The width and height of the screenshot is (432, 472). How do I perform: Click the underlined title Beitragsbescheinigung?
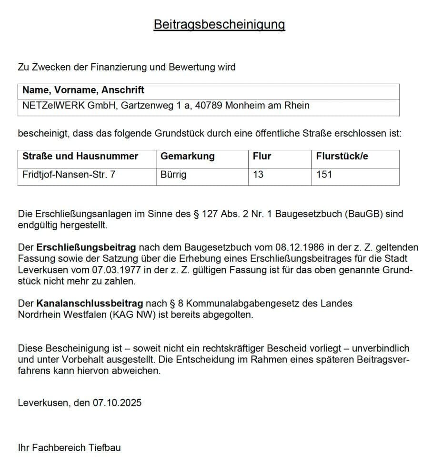coord(219,24)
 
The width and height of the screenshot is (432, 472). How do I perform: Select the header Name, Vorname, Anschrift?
coord(83,90)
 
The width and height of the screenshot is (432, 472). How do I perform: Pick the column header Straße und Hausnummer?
coord(80,156)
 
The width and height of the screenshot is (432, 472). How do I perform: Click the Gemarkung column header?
coord(188,156)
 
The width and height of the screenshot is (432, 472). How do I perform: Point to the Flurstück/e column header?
coord(342,156)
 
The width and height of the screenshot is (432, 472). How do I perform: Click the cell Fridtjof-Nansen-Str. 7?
coord(69,175)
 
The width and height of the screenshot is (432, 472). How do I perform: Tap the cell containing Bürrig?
coord(173,175)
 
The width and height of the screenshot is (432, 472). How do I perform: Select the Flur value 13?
coord(258,175)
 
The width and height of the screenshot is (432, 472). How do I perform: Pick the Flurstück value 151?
coord(324,175)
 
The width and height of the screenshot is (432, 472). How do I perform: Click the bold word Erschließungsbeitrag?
coord(86,247)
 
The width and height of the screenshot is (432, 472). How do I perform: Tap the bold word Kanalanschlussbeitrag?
coord(89,304)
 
